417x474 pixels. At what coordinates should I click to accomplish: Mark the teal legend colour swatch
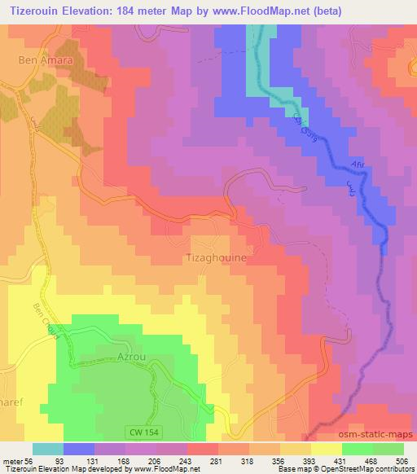(48, 448)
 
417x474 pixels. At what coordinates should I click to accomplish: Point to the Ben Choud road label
(45, 322)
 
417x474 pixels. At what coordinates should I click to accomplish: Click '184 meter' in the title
(124, 11)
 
